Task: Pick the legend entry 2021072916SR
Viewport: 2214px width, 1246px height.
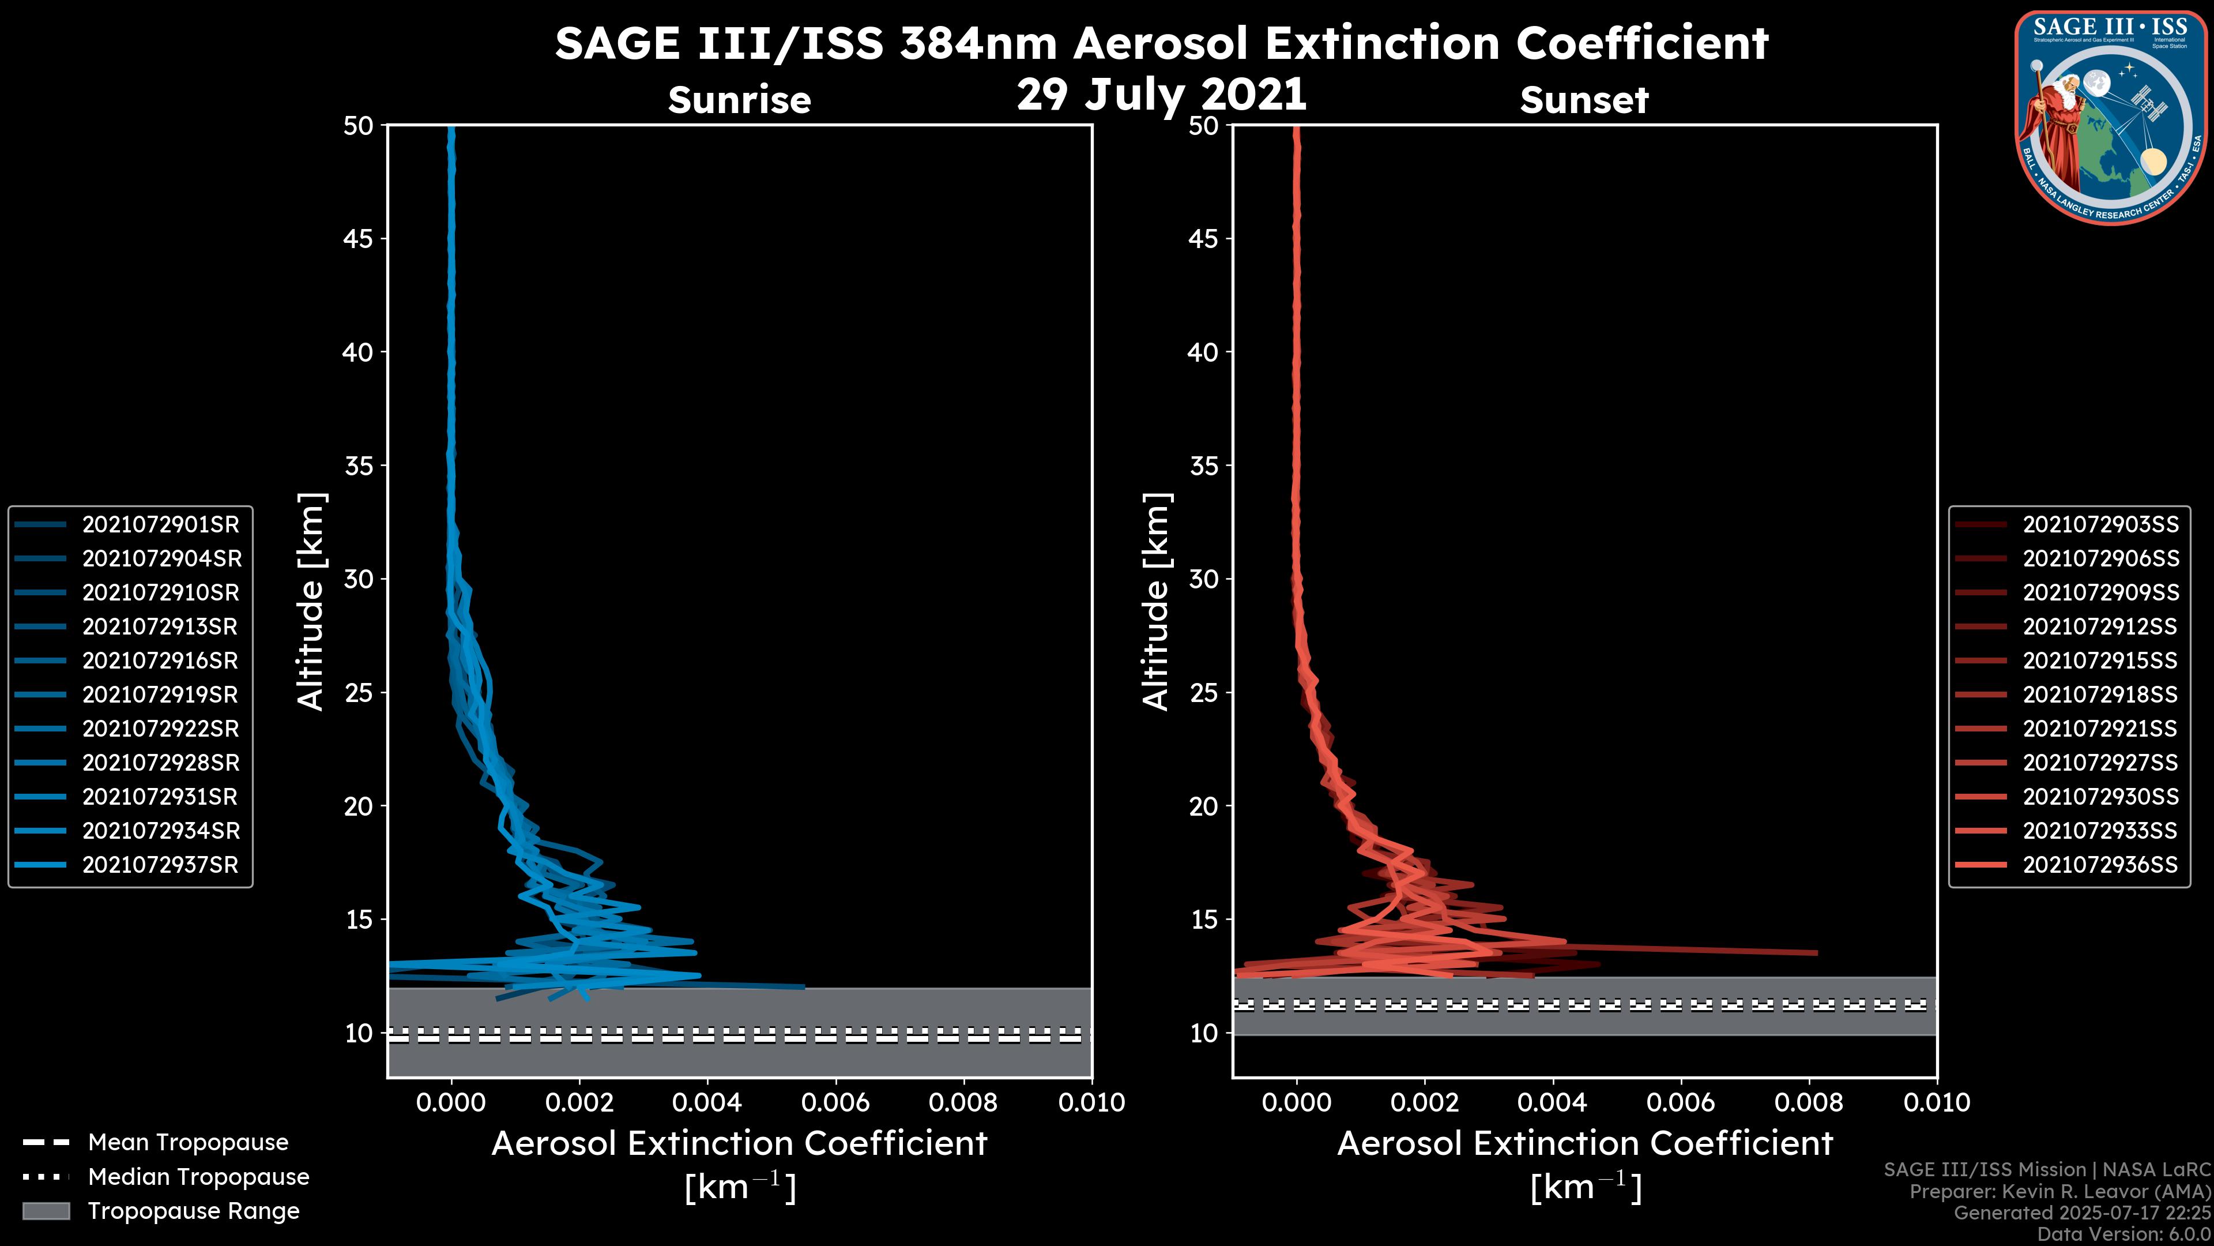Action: (160, 660)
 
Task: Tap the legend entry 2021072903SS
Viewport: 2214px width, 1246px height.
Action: (2100, 524)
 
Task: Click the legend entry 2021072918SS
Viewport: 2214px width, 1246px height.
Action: (2100, 695)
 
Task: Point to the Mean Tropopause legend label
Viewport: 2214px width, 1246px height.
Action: (188, 1143)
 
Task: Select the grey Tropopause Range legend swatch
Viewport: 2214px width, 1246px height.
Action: (46, 1211)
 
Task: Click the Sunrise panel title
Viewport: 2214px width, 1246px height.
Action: (739, 100)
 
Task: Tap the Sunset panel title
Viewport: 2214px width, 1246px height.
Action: (1584, 100)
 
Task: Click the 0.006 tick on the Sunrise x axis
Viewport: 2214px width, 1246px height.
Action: (835, 1102)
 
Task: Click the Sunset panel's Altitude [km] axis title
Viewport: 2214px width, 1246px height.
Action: (1157, 602)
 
